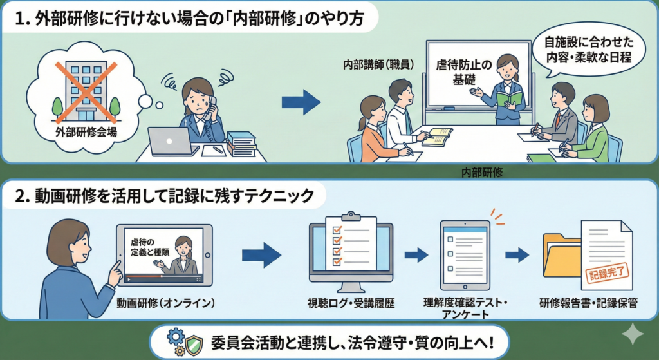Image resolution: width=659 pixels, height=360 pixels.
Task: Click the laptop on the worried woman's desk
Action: (x=172, y=141)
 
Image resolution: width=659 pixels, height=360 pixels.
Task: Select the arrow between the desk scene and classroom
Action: (x=301, y=102)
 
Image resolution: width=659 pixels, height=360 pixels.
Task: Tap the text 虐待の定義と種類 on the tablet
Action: (x=150, y=247)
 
